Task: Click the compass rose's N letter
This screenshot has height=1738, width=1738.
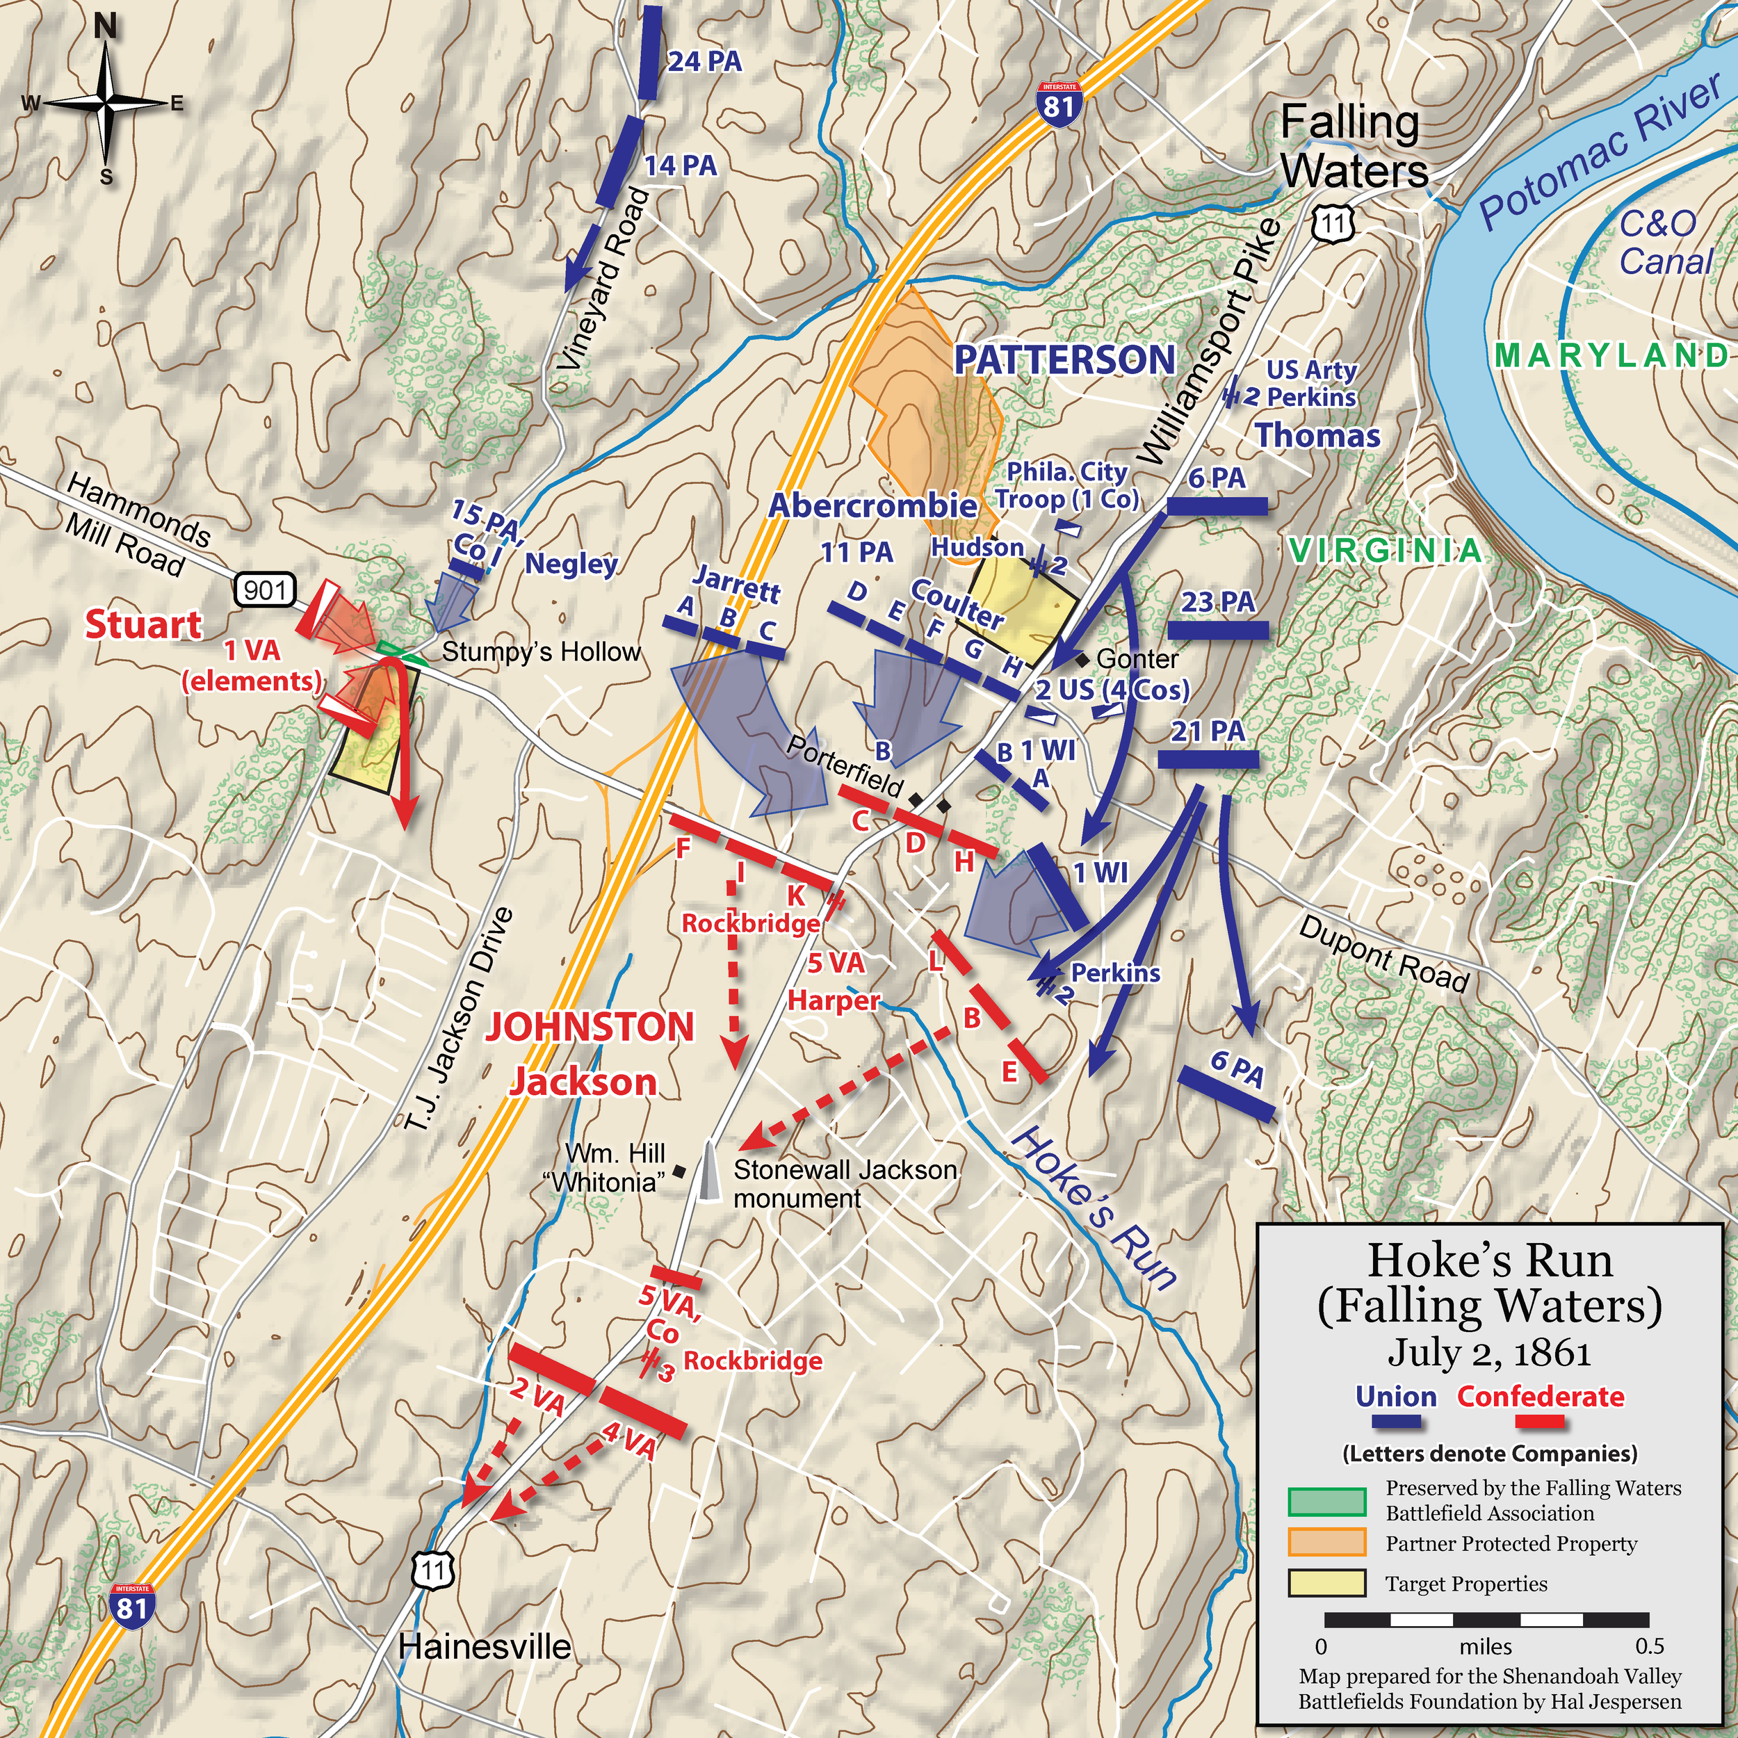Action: click(105, 27)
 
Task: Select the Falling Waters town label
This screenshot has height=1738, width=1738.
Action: click(1354, 147)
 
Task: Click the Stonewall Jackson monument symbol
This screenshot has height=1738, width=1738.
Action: click(710, 1171)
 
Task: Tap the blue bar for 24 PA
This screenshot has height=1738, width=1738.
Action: click(651, 52)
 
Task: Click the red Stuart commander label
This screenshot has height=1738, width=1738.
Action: click(144, 624)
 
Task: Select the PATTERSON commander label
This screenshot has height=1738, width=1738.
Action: click(1064, 360)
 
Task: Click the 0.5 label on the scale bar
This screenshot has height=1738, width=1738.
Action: click(1649, 1646)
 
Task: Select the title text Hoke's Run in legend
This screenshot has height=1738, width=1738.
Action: click(1490, 1260)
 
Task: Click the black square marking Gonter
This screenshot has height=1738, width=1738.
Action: click(1082, 658)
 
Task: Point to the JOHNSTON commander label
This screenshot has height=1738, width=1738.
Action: click(590, 1026)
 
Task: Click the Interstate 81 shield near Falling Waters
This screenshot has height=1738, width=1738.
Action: click(1059, 106)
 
